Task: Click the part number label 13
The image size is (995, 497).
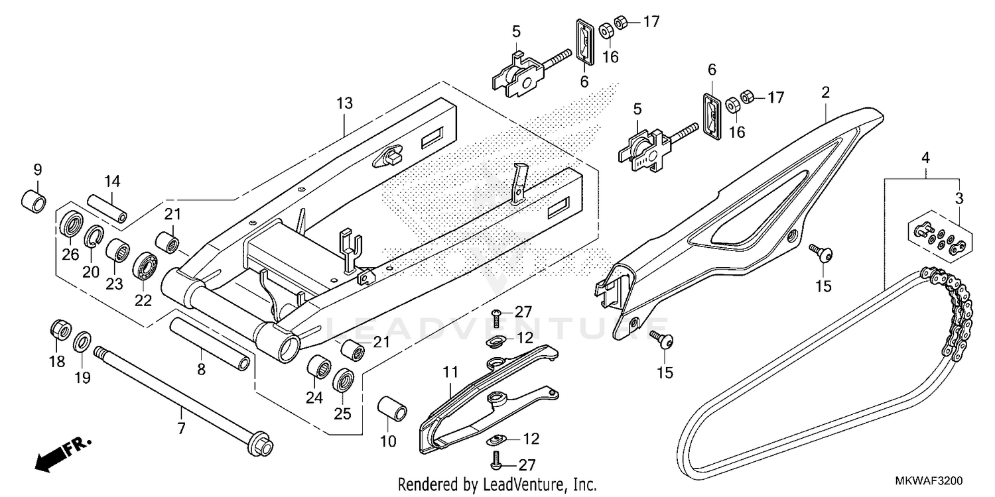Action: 344,103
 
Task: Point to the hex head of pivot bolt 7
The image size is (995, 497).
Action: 262,445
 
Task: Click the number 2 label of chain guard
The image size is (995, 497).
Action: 825,93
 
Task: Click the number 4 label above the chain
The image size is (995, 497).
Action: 925,158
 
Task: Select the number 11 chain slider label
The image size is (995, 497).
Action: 450,374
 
